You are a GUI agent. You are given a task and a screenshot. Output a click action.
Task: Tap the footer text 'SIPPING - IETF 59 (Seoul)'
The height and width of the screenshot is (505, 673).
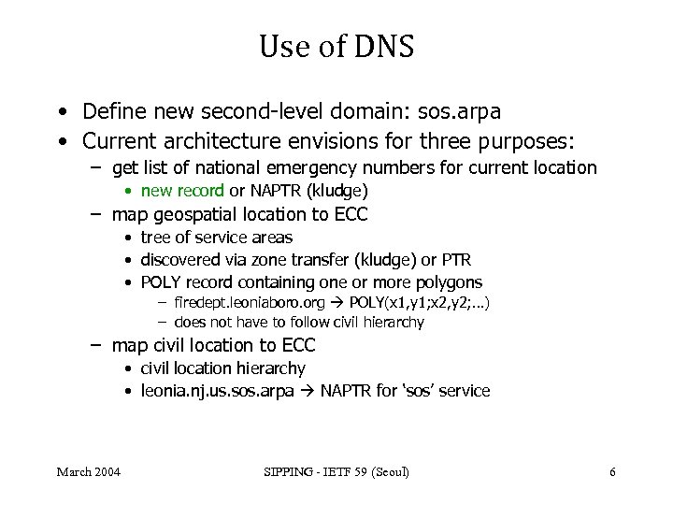coord(336,472)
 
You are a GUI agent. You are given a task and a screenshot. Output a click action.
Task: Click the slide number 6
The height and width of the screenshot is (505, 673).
coord(612,472)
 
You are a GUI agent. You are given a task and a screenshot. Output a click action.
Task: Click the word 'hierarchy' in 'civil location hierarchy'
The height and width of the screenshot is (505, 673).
coord(271,368)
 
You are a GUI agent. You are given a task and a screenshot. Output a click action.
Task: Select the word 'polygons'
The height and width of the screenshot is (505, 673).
coord(450,282)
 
